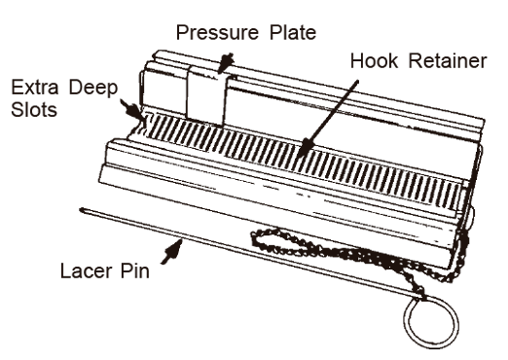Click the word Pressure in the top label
pos(217,33)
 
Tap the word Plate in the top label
pos(293,32)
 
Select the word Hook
pos(374,60)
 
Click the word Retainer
pos(448,60)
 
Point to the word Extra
pos(35,88)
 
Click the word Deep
pos(93,89)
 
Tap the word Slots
pos(34,110)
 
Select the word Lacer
pos(86,270)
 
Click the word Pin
pos(135,270)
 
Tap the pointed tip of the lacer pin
pos(81,209)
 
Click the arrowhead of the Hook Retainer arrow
pos(305,147)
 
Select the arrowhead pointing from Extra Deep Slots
pos(133,110)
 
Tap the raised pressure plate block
pos(205,97)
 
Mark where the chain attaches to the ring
pos(420,296)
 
